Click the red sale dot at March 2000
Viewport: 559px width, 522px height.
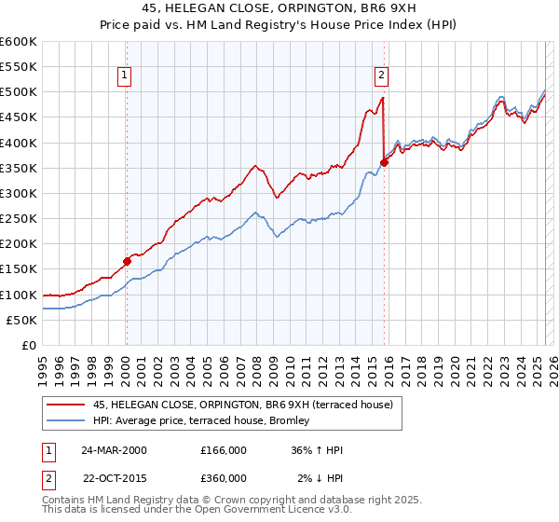(x=127, y=261)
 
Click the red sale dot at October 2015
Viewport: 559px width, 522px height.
(x=384, y=162)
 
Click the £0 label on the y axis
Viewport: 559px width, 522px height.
(x=29, y=346)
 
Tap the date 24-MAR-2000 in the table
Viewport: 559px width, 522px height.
(x=114, y=449)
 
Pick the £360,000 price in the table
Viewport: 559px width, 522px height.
(x=224, y=477)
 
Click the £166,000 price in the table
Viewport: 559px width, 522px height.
(x=224, y=449)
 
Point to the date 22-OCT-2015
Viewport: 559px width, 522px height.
(x=114, y=477)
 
